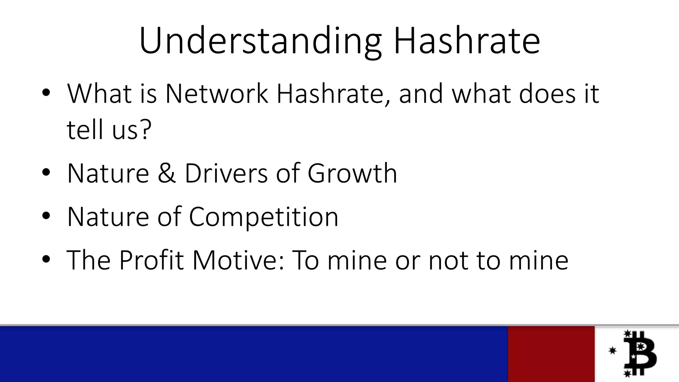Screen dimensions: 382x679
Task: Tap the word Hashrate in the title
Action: click(466, 40)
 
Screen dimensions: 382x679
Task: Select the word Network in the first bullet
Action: click(216, 94)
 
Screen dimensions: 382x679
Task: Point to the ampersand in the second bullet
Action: click(166, 173)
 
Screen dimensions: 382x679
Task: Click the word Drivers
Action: click(226, 173)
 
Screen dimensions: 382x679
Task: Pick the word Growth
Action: click(352, 173)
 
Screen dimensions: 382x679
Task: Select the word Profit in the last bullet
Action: click(151, 260)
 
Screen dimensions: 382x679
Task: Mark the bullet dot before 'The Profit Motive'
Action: click(46, 259)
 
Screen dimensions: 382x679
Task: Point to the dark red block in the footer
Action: click(551, 354)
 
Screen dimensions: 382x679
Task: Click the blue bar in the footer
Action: click(254, 354)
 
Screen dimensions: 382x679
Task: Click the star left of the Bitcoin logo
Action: click(612, 350)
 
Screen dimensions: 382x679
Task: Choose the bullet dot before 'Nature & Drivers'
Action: click(46, 173)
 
